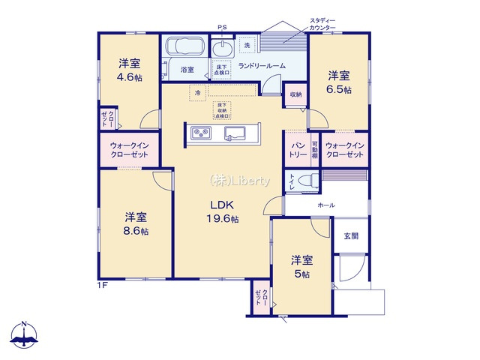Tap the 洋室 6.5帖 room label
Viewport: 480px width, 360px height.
pyautogui.click(x=338, y=81)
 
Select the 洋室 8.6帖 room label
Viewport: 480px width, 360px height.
pyautogui.click(x=136, y=224)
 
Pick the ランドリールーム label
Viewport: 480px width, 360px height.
pyautogui.click(x=262, y=67)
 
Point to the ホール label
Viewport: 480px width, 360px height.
pyautogui.click(x=326, y=205)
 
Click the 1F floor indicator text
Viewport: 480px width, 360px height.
pyautogui.click(x=101, y=285)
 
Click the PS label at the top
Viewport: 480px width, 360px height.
pyautogui.click(x=221, y=28)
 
